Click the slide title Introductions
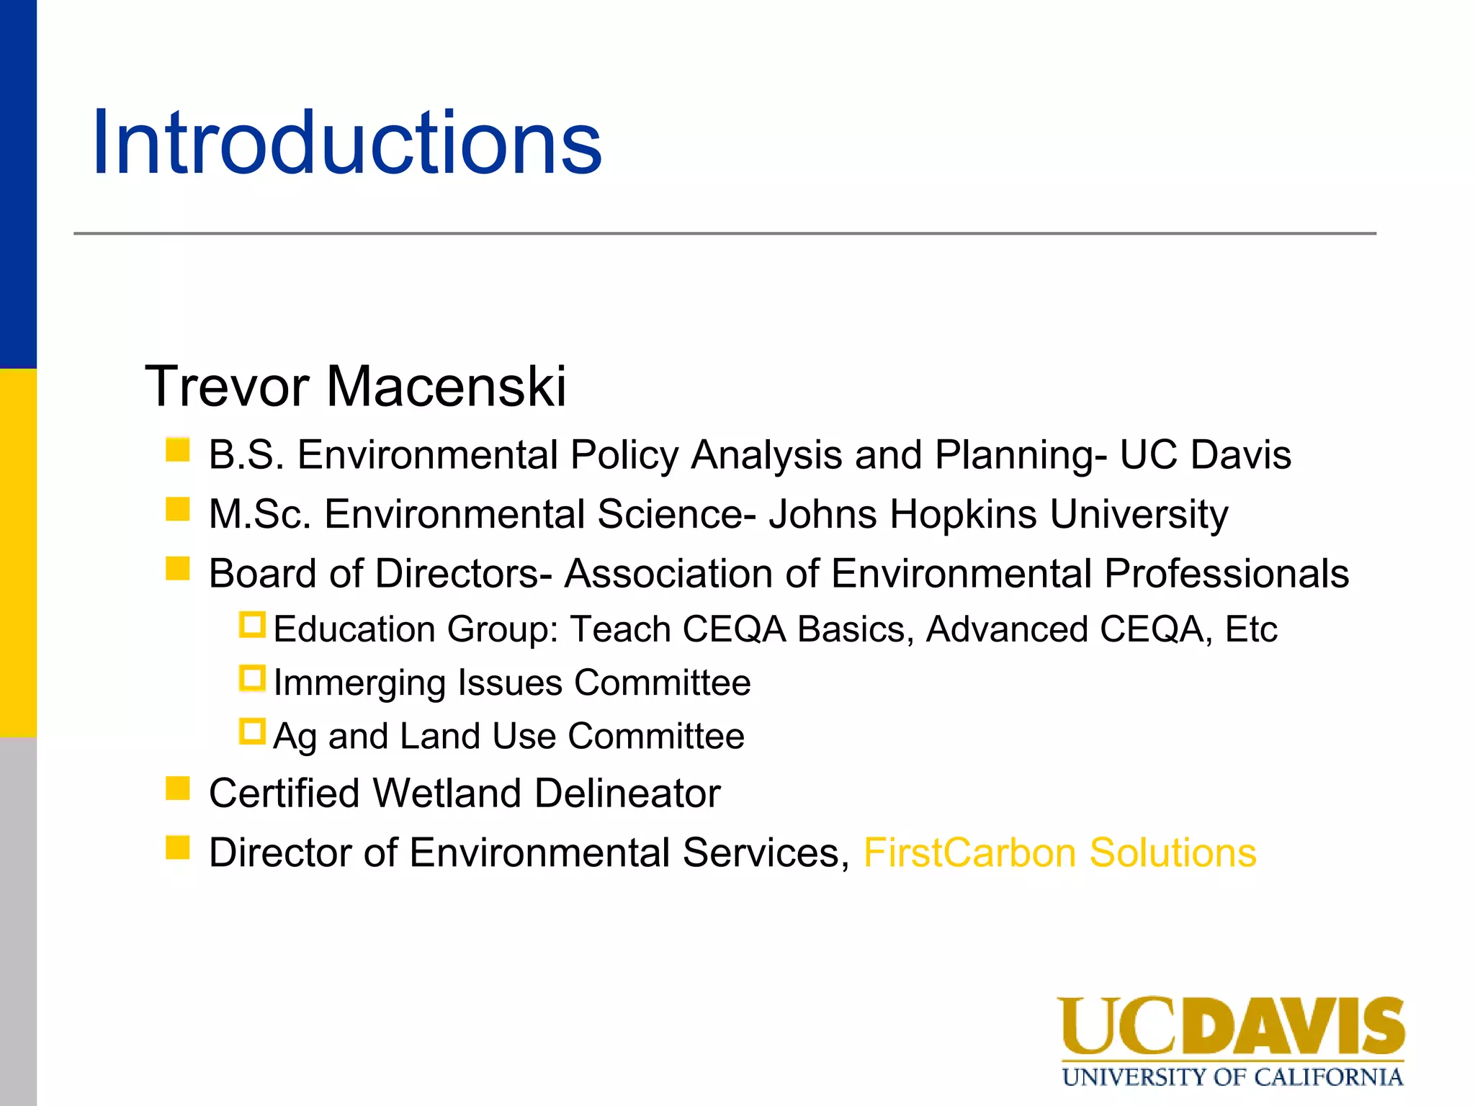346,143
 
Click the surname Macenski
447,387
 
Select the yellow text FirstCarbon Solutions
1059,853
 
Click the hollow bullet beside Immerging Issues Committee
252,678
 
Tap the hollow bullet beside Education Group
252,624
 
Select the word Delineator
627,793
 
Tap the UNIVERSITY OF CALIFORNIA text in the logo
1232,1077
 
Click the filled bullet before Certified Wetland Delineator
177,788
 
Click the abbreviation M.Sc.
260,514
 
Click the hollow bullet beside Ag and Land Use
252,732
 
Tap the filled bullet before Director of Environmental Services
177,848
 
